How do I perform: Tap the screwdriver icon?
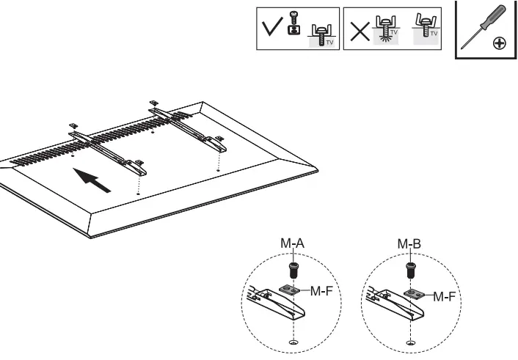482,29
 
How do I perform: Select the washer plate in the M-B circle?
415,295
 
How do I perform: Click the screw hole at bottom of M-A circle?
293,342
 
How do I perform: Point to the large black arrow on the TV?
93,180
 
